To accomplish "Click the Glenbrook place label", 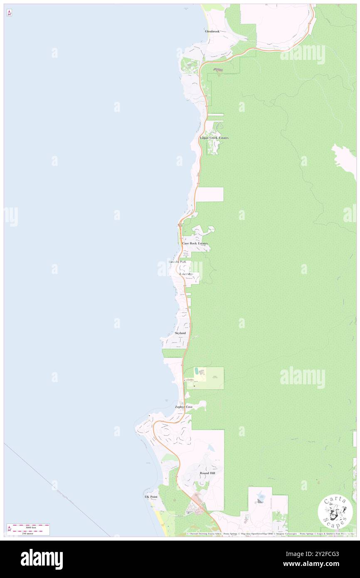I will [212, 31].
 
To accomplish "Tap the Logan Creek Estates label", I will [214, 138].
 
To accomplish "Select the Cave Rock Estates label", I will [195, 243].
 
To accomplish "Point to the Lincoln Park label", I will [180, 262].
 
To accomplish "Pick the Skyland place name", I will [180, 333].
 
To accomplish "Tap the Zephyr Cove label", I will [184, 407].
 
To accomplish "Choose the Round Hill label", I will [207, 473].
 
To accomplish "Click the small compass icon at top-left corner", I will [9, 13].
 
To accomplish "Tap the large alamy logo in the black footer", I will [42, 559].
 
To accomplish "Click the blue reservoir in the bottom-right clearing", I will [261, 496].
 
